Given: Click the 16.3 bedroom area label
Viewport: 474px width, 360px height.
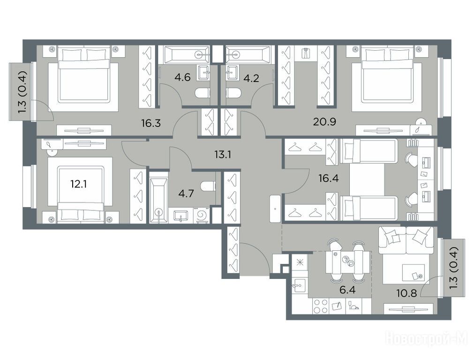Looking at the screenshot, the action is [150, 123].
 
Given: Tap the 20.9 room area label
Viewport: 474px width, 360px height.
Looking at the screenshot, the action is [324, 122].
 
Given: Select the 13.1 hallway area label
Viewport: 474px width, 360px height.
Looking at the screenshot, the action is [223, 155].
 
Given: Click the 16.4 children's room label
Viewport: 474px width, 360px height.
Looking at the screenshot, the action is [328, 178].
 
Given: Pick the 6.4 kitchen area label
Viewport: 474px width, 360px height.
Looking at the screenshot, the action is [347, 291].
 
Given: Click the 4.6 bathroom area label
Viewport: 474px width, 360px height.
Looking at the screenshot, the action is [182, 77].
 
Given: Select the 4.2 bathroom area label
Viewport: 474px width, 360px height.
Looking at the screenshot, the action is [251, 78].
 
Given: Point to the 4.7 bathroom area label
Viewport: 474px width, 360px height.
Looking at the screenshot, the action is [186, 193].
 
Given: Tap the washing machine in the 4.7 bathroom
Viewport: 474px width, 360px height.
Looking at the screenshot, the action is [200, 215].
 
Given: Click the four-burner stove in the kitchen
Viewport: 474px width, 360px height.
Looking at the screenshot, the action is [320, 306].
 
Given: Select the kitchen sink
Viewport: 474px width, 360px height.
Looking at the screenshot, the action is [300, 286].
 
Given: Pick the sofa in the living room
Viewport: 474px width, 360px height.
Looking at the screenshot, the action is [406, 240].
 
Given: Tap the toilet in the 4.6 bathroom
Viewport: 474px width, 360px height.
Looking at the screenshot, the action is [202, 93].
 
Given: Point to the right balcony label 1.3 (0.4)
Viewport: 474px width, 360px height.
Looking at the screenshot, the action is [453, 268].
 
